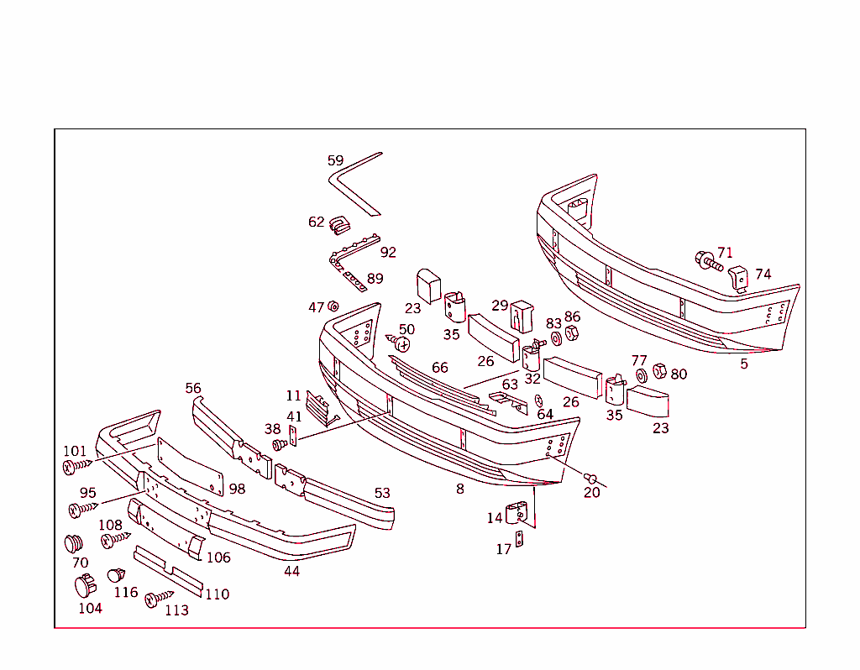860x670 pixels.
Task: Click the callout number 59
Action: click(x=335, y=160)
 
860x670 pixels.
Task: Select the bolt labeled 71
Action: click(x=707, y=261)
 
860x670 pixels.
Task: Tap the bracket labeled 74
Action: click(x=738, y=278)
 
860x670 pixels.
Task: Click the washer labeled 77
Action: click(x=641, y=374)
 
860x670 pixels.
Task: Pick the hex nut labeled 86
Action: click(x=571, y=333)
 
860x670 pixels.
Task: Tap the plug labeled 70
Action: click(x=75, y=542)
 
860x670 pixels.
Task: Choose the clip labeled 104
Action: click(x=86, y=584)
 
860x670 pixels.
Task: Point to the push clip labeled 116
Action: click(x=116, y=575)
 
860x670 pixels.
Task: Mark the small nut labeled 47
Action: click(x=333, y=306)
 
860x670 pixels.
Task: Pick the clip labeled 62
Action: click(x=339, y=223)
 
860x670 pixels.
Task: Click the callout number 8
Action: click(x=459, y=489)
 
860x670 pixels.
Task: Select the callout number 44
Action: click(x=291, y=571)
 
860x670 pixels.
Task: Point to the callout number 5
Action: click(x=743, y=364)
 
